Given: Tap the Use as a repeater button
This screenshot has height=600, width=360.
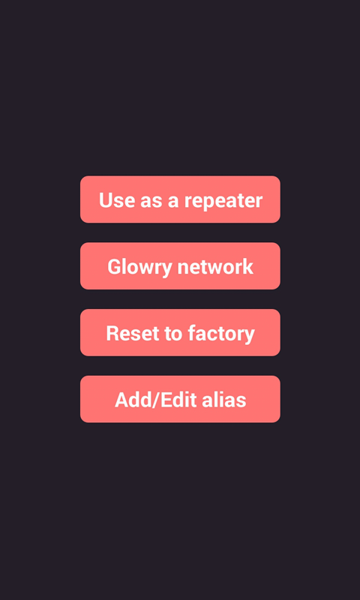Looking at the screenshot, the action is [180, 199].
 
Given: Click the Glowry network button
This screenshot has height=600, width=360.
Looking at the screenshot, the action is [180, 266].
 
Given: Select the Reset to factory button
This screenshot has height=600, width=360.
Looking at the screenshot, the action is [180, 332].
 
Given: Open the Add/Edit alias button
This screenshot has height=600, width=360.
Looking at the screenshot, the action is [180, 399].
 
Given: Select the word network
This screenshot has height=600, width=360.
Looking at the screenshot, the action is [215, 267].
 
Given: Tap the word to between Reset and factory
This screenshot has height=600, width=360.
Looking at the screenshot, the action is [173, 334].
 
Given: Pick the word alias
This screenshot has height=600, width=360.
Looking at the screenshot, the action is [224, 400].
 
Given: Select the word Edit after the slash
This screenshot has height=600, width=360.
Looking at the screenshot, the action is [178, 400].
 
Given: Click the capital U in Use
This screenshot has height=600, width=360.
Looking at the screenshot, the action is [106, 200].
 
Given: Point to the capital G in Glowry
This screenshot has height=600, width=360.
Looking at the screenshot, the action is [115, 267].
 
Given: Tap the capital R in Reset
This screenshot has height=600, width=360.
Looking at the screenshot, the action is [112, 333].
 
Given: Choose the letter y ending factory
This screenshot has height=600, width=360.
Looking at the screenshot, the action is [250, 337].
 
